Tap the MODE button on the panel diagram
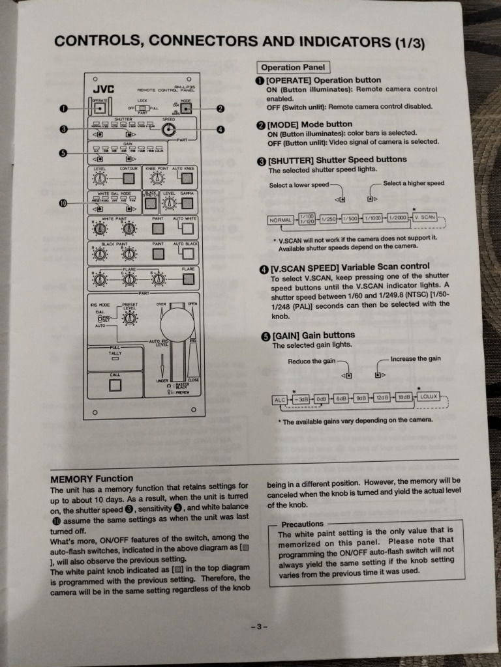coord(187,108)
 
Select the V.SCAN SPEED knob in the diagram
coord(169,130)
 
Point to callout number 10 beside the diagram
coord(63,203)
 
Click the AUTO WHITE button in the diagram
coord(188,229)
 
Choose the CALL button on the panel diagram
coord(115,385)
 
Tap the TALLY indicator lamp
coord(115,358)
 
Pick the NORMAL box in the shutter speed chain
coord(281,220)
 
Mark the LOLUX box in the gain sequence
coord(429,396)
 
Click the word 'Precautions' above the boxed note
coord(303,524)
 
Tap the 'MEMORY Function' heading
coord(91,479)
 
